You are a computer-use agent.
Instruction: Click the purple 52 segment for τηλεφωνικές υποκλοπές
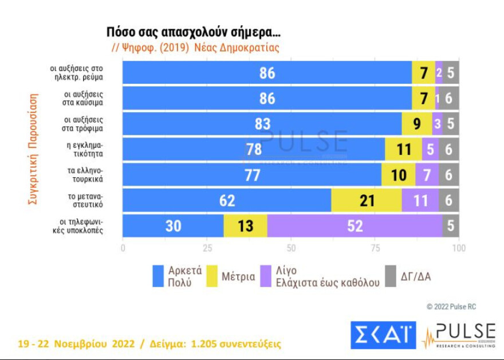coord(355,226)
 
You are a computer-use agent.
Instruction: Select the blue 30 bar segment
coord(173,226)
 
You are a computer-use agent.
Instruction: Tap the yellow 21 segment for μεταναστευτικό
coord(366,201)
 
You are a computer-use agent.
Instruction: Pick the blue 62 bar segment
coord(227,201)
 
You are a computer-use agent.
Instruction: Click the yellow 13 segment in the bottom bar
coord(245,226)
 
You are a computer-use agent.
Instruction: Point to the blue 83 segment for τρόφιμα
coord(262,124)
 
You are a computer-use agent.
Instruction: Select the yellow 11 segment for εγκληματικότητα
coord(404,150)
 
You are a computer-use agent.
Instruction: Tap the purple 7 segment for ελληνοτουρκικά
coord(427,175)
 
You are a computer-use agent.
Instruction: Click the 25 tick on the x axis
coord(207,248)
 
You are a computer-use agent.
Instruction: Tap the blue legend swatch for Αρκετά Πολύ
coord(159,276)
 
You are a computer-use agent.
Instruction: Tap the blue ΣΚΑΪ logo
coord(383,335)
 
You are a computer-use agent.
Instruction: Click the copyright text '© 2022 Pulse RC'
coord(451,307)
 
